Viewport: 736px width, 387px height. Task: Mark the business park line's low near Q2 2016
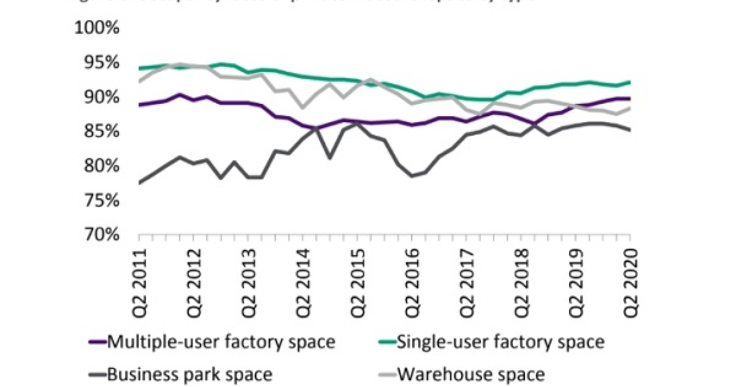[413, 176]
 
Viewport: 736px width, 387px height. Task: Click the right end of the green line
[631, 82]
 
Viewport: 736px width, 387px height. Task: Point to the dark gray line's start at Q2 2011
[140, 182]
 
